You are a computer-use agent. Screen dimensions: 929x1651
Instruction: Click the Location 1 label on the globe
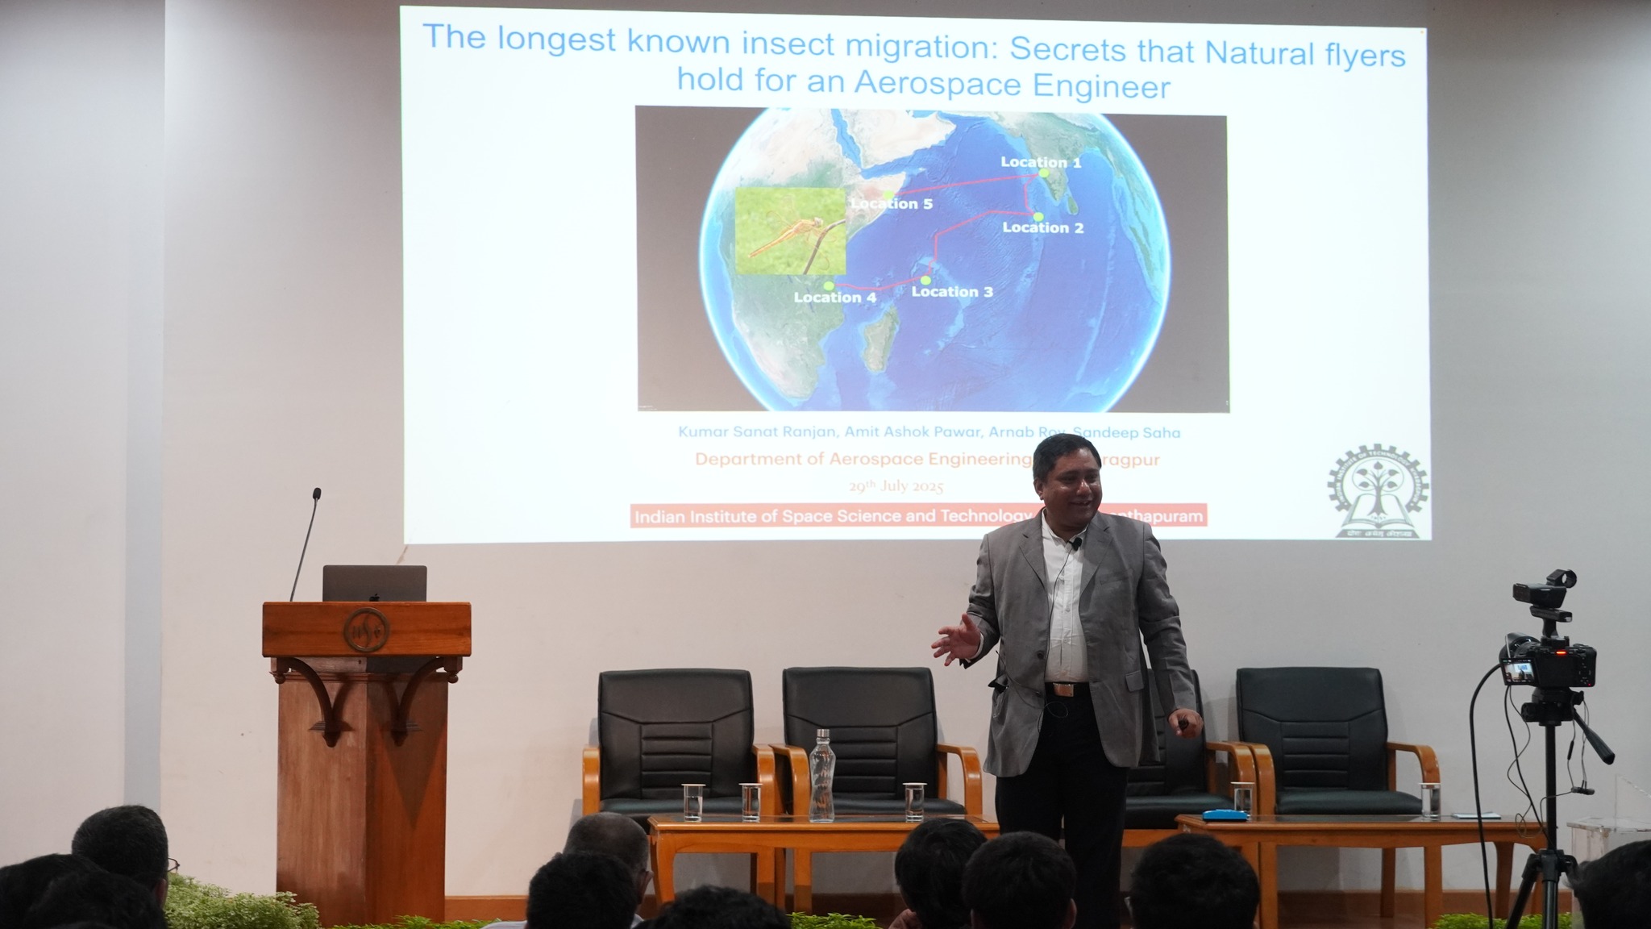1041,162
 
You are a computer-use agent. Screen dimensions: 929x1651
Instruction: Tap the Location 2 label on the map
1042,227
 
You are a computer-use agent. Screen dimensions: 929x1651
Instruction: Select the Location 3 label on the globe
951,291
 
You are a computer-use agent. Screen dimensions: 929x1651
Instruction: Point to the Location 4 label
834,297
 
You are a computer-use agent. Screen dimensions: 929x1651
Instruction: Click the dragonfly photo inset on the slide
790,231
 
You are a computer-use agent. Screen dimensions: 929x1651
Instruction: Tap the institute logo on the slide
1377,492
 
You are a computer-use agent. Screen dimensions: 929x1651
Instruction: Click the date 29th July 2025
895,486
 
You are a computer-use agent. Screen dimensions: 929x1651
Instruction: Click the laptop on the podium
374,583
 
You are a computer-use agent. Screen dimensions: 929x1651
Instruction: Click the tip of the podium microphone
317,494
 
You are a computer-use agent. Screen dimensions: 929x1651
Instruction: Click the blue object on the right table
1225,815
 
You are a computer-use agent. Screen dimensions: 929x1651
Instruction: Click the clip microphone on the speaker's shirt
1075,546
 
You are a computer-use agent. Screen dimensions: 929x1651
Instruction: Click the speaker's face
1068,482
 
